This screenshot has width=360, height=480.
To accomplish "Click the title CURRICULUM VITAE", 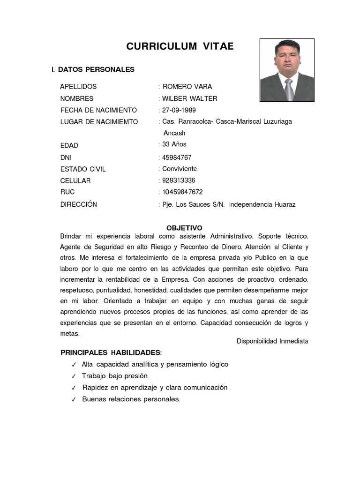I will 180,46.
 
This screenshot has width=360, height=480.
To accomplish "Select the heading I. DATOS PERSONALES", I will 93,69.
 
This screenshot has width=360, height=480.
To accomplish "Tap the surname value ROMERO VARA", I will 187,87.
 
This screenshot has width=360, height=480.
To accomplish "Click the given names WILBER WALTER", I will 189,98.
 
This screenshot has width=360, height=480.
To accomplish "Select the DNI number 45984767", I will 177,157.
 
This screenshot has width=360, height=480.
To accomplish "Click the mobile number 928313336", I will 179,180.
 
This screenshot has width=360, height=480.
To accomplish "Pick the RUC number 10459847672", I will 182,192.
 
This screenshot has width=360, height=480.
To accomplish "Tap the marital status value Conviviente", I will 180,169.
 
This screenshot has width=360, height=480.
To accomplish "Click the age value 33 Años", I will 174,144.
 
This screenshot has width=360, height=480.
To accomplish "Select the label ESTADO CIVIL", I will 83,169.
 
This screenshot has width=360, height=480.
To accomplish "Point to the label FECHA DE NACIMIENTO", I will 98,110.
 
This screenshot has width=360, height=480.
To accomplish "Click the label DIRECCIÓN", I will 79,204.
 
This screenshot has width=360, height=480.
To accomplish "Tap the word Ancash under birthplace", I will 174,133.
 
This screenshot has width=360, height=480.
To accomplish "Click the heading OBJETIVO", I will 184,228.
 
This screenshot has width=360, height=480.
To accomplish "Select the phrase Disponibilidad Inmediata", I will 272,341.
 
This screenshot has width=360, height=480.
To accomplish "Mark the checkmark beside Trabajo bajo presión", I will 74,376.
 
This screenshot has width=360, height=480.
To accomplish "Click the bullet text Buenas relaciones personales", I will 131,399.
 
